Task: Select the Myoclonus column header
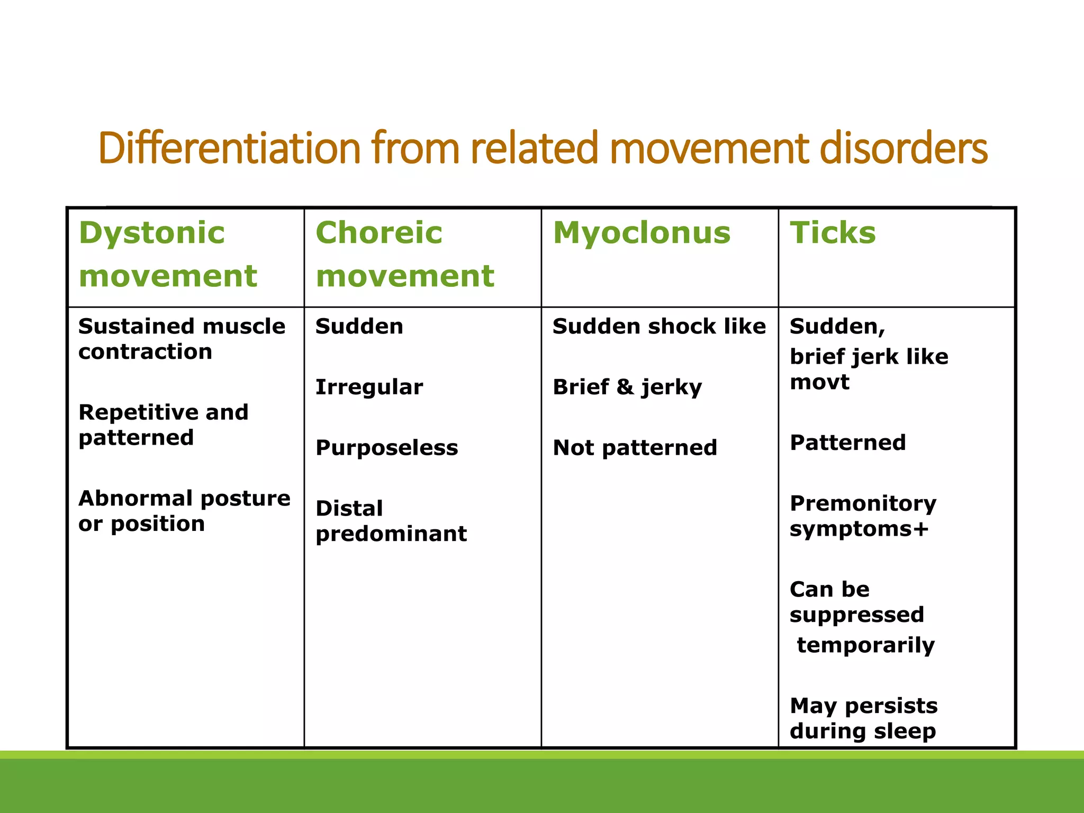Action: click(642, 233)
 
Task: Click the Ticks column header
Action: click(833, 233)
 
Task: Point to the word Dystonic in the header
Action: click(151, 234)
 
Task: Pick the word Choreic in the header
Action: click(378, 233)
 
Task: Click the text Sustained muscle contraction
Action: click(182, 339)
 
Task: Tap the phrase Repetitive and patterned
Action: click(163, 424)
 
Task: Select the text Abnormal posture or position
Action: click(184, 511)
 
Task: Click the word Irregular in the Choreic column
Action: click(369, 387)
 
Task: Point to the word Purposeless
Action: click(386, 448)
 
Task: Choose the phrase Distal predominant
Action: click(391, 521)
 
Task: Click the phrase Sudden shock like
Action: click(658, 327)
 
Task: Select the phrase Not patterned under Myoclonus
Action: click(635, 448)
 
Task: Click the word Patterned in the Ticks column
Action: click(847, 443)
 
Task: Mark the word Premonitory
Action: click(863, 503)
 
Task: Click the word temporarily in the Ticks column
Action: click(865, 645)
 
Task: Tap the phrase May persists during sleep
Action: click(863, 718)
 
